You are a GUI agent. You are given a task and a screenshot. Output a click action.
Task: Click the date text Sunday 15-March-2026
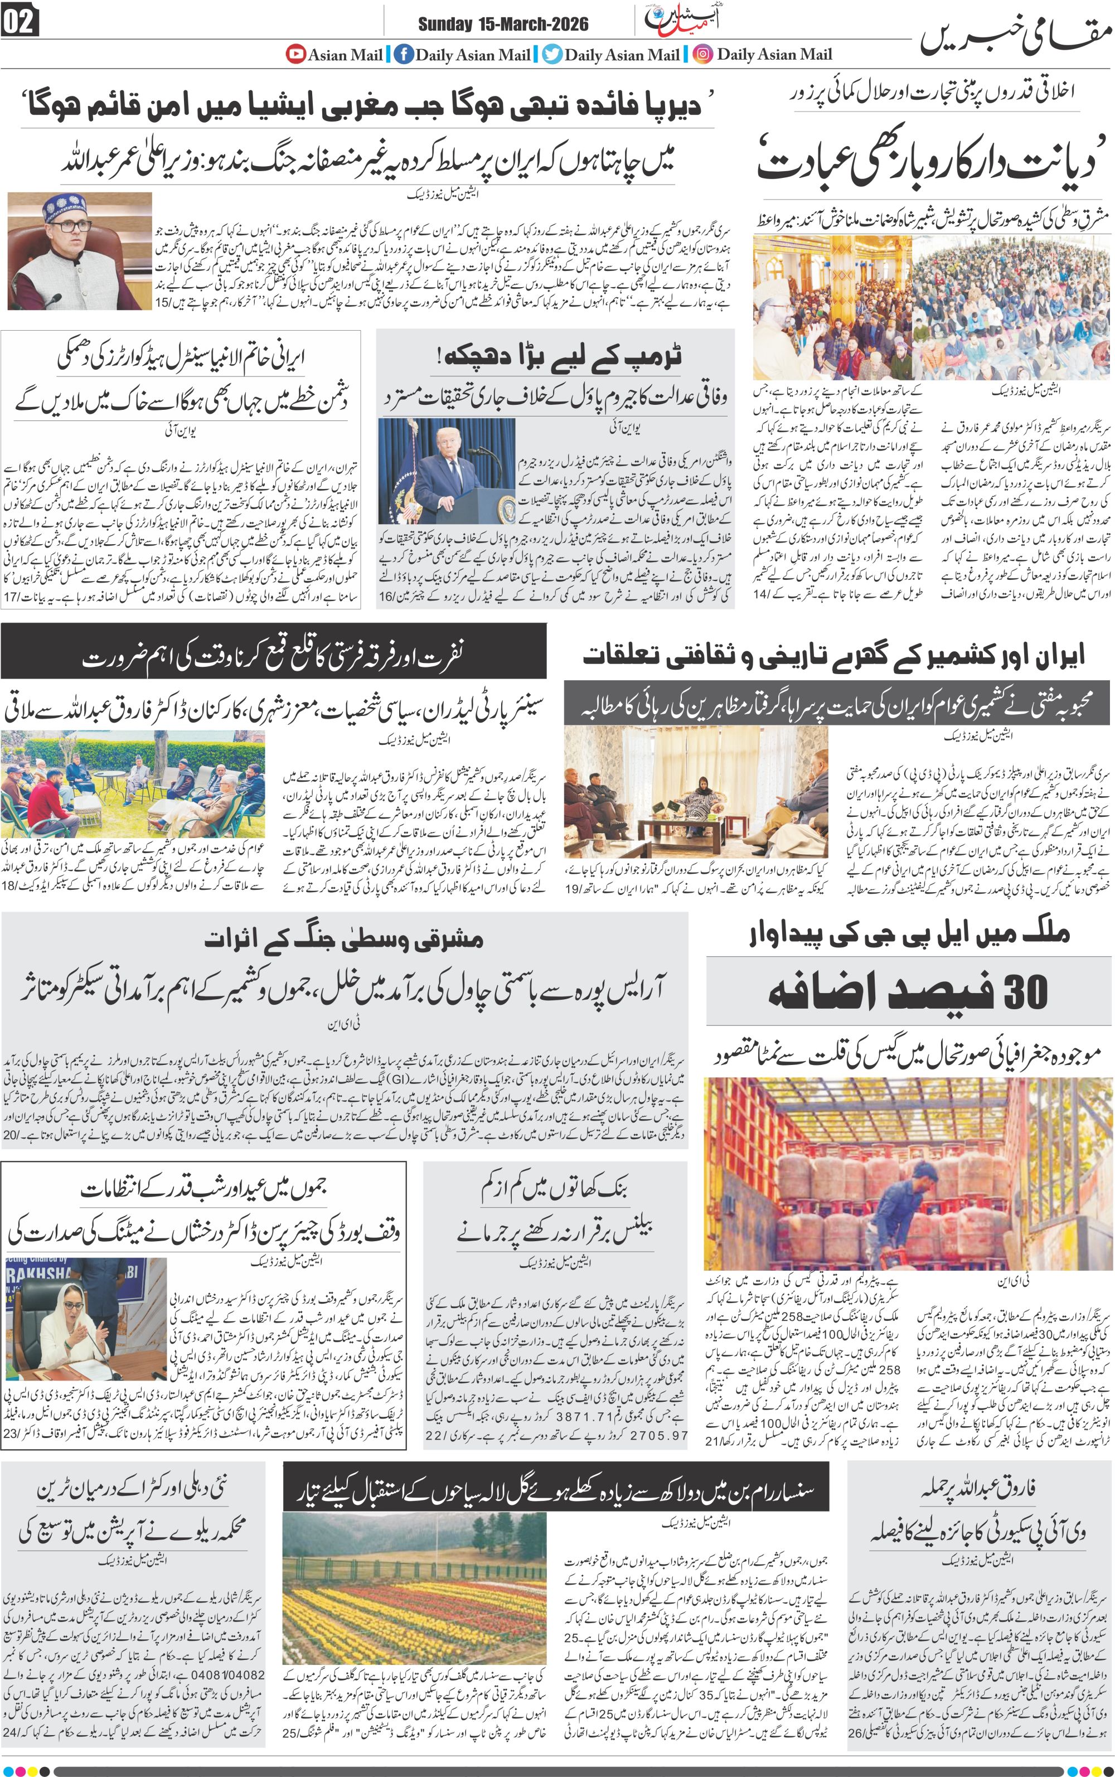[503, 25]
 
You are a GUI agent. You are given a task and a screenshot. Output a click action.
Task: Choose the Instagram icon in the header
[703, 54]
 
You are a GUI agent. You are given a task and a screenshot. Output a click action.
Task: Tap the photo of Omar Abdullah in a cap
[80, 251]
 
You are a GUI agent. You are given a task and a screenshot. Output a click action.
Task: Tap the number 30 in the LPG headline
[1026, 992]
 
